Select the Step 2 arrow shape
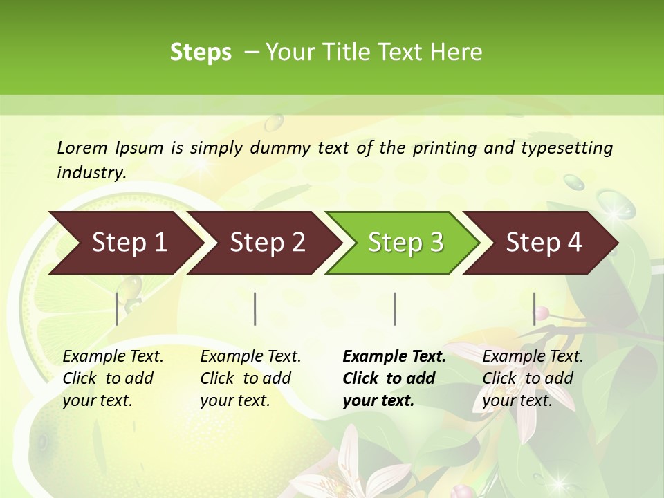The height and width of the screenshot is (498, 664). point(267,242)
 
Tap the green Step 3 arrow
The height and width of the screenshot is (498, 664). point(405,242)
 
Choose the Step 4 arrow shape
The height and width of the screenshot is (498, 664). point(544,242)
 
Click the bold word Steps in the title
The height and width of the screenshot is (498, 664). point(201,52)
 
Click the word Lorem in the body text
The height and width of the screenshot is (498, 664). point(82,147)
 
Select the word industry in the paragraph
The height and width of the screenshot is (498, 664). point(91,172)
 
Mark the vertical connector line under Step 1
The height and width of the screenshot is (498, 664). point(117,308)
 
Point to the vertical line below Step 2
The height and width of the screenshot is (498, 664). point(255,308)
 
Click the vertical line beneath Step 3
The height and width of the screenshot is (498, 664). point(394,308)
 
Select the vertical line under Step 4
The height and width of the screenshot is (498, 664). point(534,308)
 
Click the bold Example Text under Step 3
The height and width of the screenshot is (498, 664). point(394,356)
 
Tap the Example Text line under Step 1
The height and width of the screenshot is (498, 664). point(113,356)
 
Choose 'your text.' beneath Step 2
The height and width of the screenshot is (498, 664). point(234,400)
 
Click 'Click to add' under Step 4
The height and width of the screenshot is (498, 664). point(528,378)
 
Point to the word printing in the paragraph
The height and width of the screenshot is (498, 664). point(443,147)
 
